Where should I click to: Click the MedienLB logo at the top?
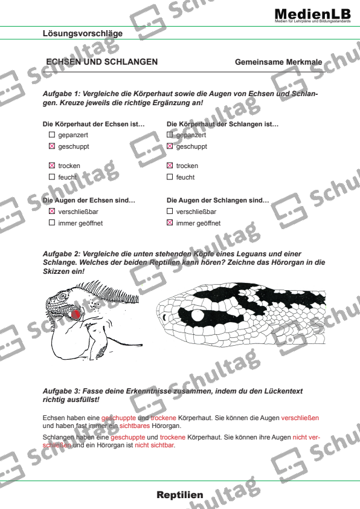coord(312,14)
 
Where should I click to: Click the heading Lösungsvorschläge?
coord(83,33)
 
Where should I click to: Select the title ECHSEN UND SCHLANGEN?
coord(102,62)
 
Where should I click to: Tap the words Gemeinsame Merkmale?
coord(278,62)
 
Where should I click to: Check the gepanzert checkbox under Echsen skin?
coord(51,135)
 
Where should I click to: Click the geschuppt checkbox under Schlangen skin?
coord(170,146)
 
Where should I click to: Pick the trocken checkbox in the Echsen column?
coord(51,166)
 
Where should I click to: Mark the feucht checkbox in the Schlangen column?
coord(170,177)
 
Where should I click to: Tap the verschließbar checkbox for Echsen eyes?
coord(51,212)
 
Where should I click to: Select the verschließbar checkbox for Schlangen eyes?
coord(170,212)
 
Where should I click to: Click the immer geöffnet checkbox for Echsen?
coord(51,223)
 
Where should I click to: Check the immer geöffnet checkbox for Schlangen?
coord(170,223)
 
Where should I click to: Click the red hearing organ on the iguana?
coord(76,314)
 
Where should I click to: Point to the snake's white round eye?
coord(198,316)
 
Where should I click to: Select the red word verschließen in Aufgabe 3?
coord(300,418)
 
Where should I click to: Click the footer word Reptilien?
coord(180,495)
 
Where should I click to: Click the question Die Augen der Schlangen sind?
coord(217,200)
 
